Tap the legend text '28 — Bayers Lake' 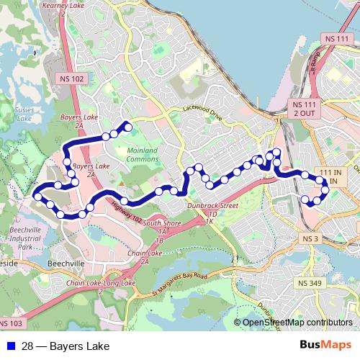[x=66, y=346]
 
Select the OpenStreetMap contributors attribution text [x=297, y=323]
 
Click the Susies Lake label [x=24, y=112]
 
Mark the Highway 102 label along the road [x=128, y=211]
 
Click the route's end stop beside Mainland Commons [x=129, y=127]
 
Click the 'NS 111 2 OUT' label [x=302, y=109]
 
